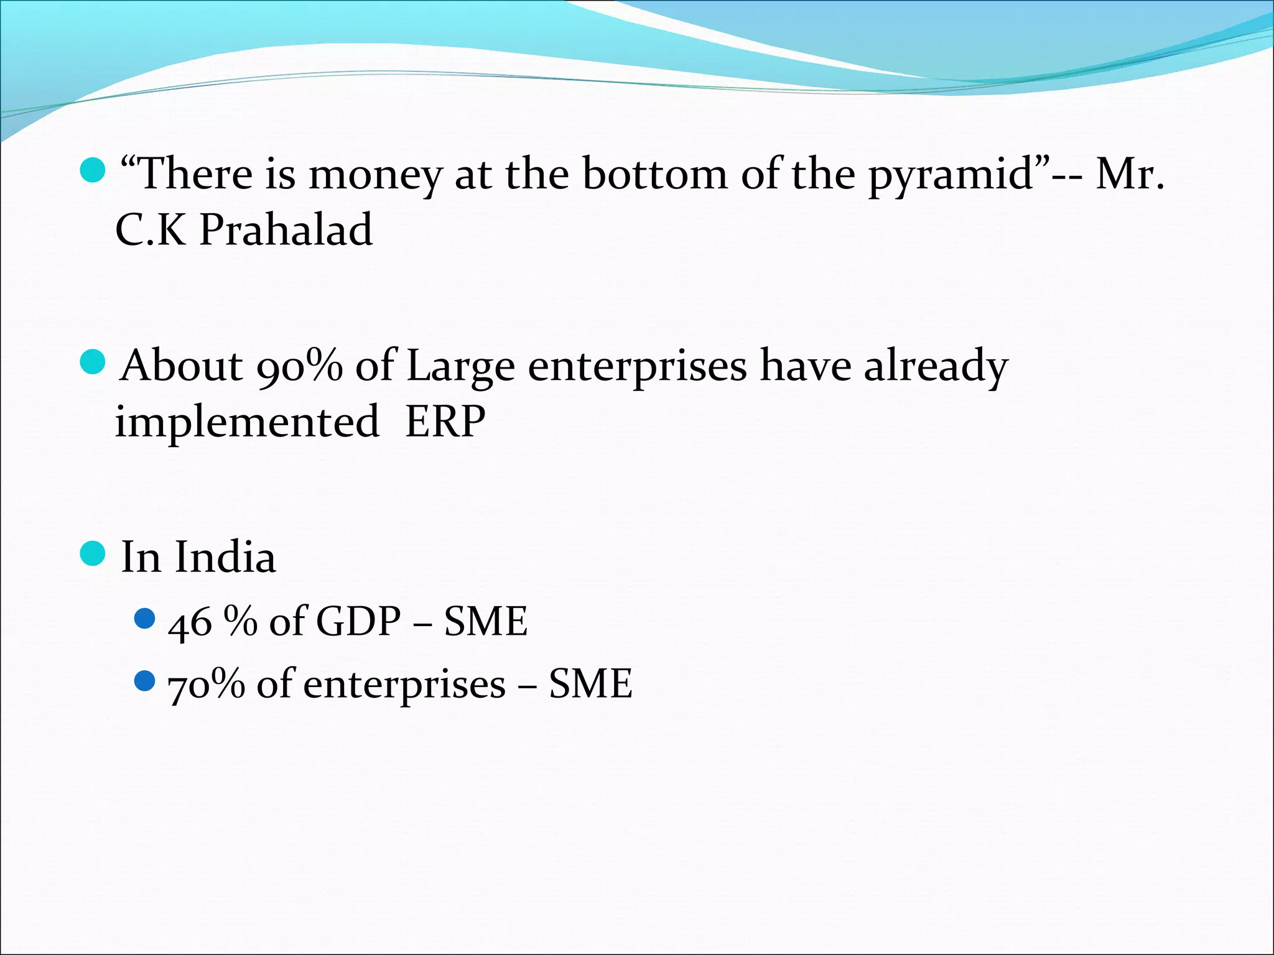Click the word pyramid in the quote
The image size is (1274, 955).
point(951,175)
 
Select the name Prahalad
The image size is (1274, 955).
point(286,230)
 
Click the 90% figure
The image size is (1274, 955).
point(299,366)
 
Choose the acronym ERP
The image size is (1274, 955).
point(445,422)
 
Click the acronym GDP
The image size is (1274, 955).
point(358,621)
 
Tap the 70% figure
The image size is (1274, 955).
point(207,685)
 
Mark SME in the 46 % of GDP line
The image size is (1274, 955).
point(486,621)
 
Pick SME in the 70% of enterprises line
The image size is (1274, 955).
point(590,684)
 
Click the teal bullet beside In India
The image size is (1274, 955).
point(93,553)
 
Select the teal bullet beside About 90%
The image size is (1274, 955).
point(93,362)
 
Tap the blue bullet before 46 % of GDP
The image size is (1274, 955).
point(144,618)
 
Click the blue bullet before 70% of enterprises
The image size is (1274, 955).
point(144,681)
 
